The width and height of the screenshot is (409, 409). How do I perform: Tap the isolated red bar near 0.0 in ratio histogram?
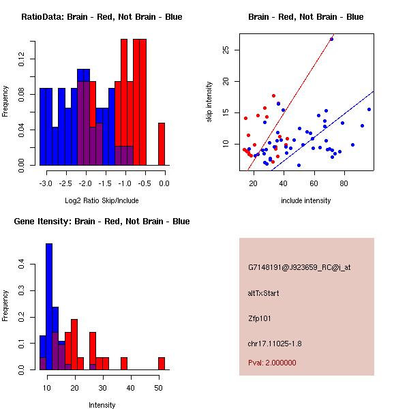pos(162,144)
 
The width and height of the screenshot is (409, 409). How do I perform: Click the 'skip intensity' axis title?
pos(210,102)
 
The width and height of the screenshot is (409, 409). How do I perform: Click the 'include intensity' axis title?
pos(305,200)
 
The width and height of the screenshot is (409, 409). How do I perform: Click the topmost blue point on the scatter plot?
pos(331,39)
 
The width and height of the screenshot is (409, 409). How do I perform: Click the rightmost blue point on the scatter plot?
pos(369,109)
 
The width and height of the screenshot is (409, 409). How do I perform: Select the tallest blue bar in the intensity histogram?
pos(49,306)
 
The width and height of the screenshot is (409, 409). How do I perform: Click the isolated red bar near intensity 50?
pos(162,363)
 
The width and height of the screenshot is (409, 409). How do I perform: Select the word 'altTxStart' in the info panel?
pos(264,293)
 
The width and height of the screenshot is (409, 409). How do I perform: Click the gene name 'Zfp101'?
pos(260,318)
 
